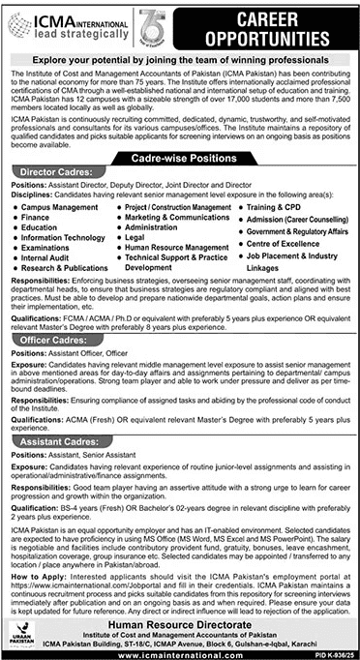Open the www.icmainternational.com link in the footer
click(x=180, y=652)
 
